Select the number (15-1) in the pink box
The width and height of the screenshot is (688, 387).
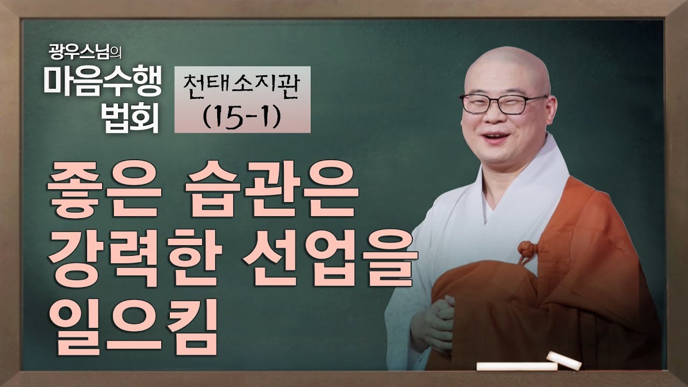click(242, 116)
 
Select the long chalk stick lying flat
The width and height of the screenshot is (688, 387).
click(517, 367)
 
